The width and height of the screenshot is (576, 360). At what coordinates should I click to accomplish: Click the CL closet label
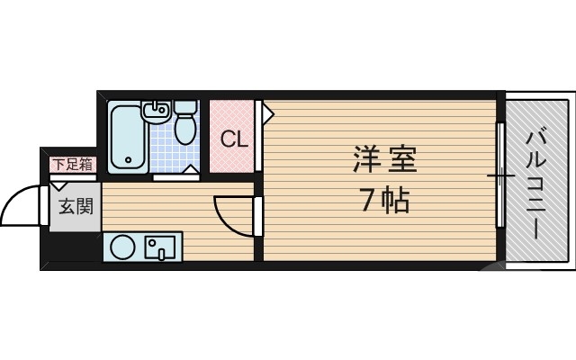(x=234, y=139)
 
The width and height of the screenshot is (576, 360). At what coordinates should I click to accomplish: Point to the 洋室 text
(x=384, y=162)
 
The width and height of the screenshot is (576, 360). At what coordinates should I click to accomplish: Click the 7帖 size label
(x=384, y=200)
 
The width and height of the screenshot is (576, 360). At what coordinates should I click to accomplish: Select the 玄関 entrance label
(x=75, y=208)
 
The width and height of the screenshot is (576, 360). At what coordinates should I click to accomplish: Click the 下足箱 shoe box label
(x=72, y=164)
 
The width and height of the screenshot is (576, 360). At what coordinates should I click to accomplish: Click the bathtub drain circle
(x=127, y=162)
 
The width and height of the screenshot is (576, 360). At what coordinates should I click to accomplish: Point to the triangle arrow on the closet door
(x=267, y=112)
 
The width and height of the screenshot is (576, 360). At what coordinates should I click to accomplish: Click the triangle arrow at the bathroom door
(x=191, y=170)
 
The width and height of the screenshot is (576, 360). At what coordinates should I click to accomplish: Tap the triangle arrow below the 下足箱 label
(x=59, y=185)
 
